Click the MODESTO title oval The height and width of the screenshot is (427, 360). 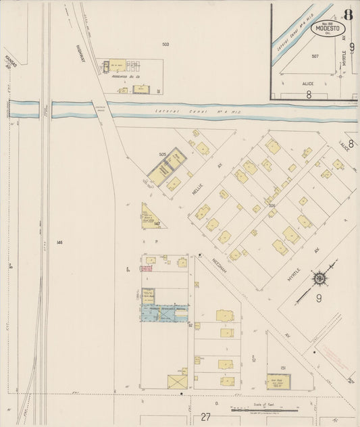click(x=329, y=29)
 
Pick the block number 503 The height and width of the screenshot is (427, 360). click(x=165, y=45)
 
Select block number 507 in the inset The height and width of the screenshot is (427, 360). click(x=315, y=57)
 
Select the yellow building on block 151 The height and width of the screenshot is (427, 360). click(x=278, y=382)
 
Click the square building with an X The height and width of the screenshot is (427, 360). click(x=178, y=381)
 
